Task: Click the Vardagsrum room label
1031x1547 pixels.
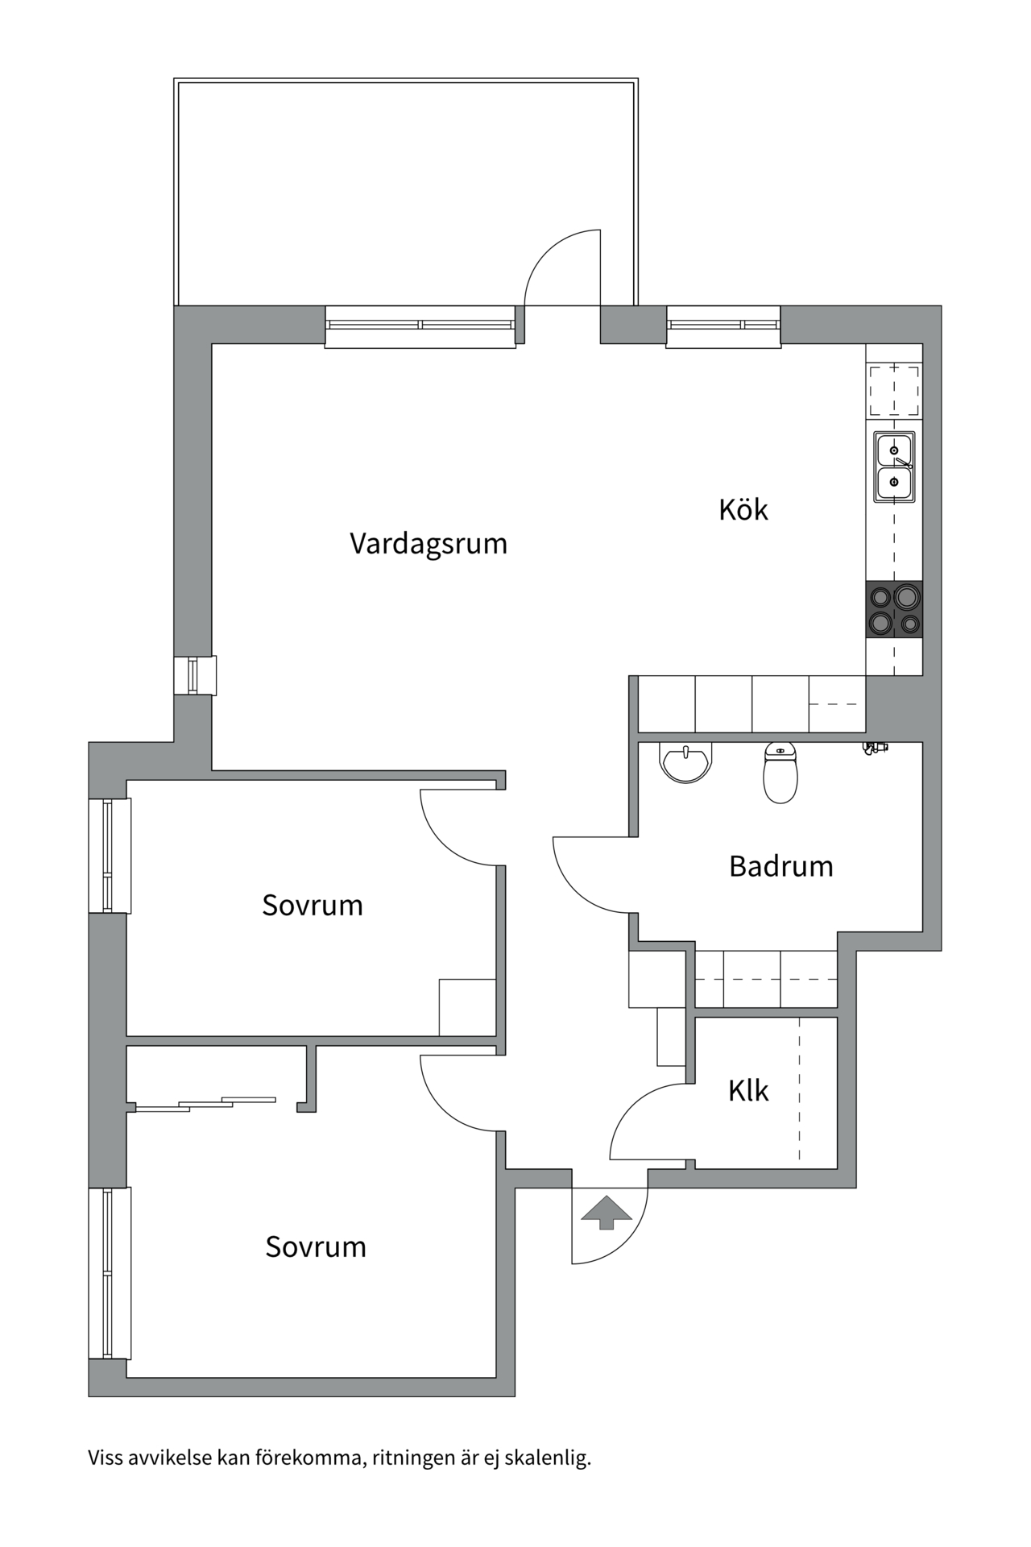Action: [429, 544]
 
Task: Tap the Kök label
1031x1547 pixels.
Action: [743, 509]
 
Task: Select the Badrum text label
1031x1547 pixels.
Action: [780, 866]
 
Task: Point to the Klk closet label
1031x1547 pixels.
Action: [748, 1091]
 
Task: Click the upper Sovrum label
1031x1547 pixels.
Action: [313, 905]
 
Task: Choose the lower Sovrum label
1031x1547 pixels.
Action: [316, 1246]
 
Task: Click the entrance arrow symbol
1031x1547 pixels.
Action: [607, 1212]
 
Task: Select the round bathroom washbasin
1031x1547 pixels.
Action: [686, 761]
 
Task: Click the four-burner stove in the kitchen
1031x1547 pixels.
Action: [894, 610]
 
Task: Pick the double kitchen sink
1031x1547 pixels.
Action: [894, 467]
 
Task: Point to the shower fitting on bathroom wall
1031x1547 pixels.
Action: [874, 749]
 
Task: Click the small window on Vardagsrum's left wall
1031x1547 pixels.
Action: [194, 675]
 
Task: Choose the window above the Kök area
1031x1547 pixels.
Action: [723, 326]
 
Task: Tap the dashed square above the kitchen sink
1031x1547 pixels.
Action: [894, 391]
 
